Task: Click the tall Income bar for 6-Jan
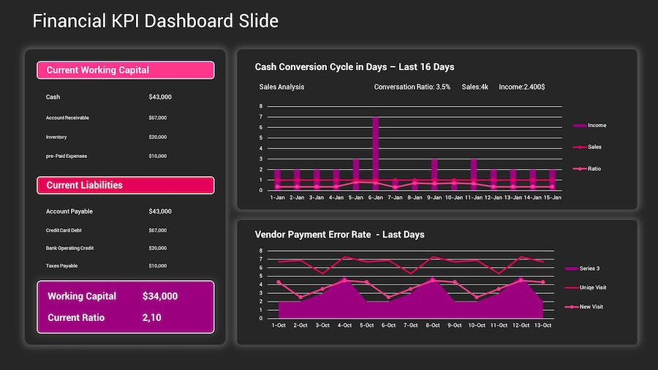point(375,154)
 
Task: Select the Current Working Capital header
point(125,70)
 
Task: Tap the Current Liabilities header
point(125,185)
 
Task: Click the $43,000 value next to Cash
point(160,97)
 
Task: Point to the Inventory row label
point(56,137)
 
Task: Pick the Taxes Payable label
point(61,266)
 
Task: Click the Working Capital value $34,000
point(160,296)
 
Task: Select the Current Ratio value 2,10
point(152,317)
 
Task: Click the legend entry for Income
point(597,126)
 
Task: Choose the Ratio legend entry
point(594,169)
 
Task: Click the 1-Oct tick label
point(279,325)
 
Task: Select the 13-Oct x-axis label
point(542,325)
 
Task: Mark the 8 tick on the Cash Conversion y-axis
point(260,107)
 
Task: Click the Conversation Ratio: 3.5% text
point(412,87)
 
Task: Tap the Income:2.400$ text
point(521,87)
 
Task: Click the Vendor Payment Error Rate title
point(339,235)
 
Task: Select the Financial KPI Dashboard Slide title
point(156,20)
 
